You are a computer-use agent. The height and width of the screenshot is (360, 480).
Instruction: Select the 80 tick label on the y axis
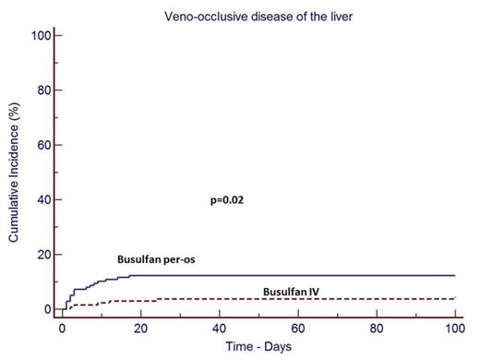42,90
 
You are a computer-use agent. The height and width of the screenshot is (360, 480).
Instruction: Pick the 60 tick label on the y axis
42,145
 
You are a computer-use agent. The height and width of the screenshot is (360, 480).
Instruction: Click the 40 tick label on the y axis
42,199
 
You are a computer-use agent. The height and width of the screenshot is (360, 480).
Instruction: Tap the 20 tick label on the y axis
42,255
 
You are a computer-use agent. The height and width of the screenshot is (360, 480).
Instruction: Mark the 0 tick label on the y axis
45,309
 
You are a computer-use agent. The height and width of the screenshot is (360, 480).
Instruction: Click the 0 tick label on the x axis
62,329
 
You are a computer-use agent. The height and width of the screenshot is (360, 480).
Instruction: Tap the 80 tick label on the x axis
378,329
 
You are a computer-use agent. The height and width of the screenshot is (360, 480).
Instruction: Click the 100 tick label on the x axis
457,329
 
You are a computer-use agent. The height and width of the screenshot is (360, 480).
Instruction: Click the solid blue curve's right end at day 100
457,275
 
